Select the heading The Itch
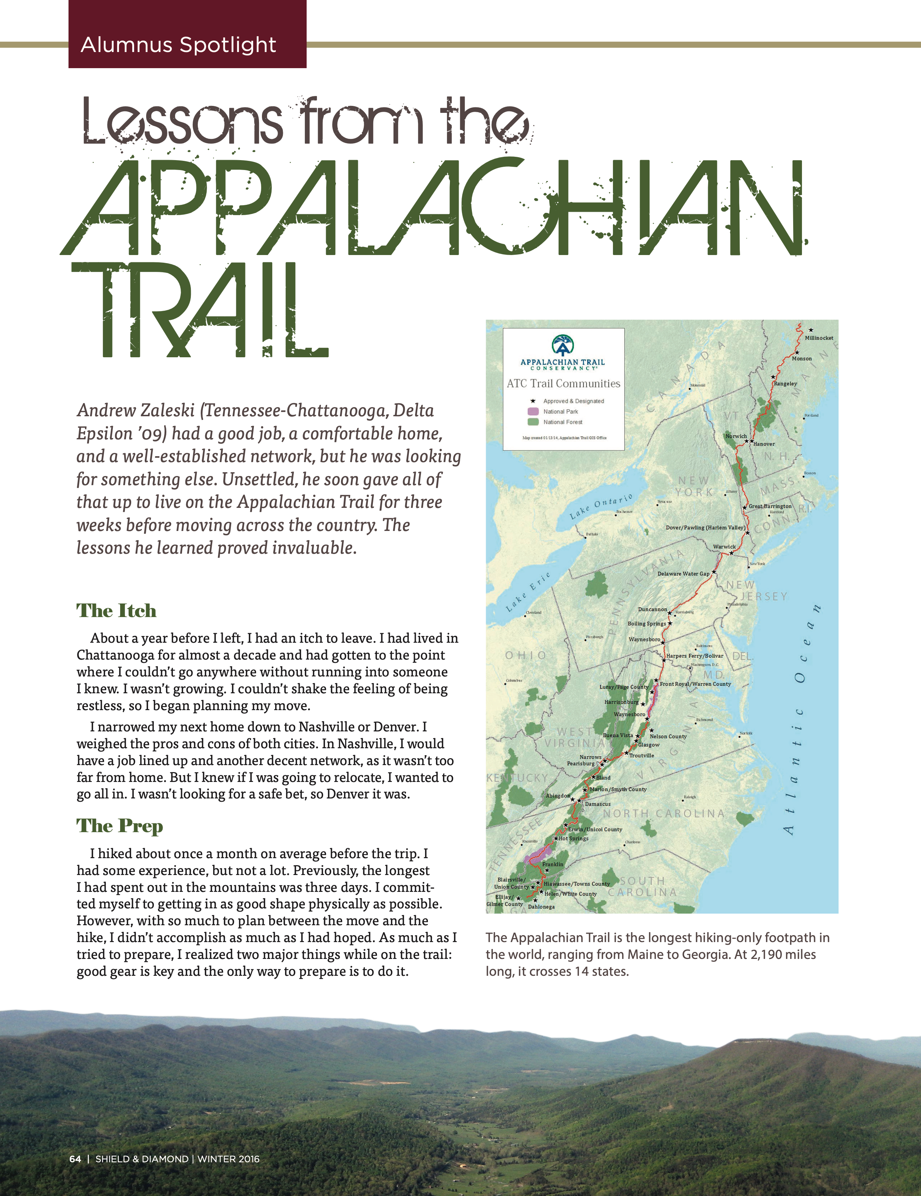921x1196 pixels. (x=116, y=610)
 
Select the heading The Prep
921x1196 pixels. (x=120, y=826)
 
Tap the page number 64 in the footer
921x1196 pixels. (x=75, y=1159)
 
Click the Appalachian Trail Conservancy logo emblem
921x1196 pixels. (x=562, y=345)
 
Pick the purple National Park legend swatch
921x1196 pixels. (x=533, y=411)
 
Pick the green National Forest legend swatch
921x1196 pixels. (x=533, y=422)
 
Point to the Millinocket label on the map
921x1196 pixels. (x=819, y=338)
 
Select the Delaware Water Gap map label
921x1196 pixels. (x=683, y=574)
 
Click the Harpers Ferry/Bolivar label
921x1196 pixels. (x=694, y=656)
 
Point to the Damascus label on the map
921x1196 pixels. (x=598, y=804)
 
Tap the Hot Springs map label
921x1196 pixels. (x=573, y=838)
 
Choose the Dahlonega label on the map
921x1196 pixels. (x=541, y=907)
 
